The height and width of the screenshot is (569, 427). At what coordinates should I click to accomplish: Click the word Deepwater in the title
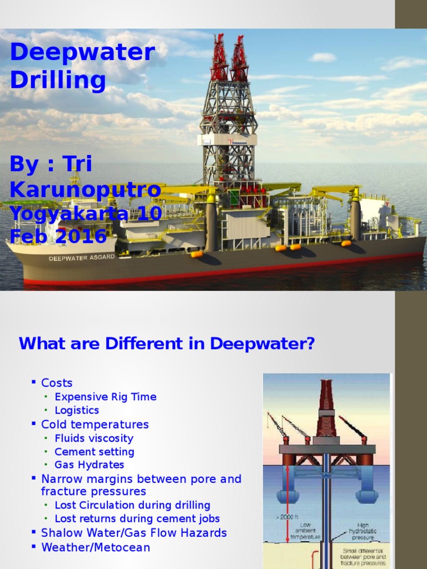[82, 53]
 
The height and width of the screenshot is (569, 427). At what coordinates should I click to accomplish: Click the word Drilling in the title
[58, 81]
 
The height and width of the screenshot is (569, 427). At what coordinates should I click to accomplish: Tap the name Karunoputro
[85, 189]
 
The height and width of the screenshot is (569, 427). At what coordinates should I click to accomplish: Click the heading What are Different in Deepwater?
[167, 344]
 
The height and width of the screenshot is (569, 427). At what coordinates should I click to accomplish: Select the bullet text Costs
[57, 383]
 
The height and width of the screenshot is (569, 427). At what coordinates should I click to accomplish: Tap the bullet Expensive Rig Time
[105, 397]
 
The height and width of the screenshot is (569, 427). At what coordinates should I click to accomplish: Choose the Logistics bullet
[77, 410]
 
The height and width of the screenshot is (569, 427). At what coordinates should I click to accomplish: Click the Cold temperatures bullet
[95, 425]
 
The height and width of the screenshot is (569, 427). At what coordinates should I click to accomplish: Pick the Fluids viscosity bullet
[94, 438]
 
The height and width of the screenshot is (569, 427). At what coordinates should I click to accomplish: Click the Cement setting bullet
[94, 452]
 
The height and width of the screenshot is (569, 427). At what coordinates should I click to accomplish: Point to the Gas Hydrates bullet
[89, 465]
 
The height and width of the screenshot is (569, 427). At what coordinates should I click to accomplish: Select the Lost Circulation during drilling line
[132, 505]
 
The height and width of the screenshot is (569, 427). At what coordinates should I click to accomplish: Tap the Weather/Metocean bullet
[96, 547]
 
